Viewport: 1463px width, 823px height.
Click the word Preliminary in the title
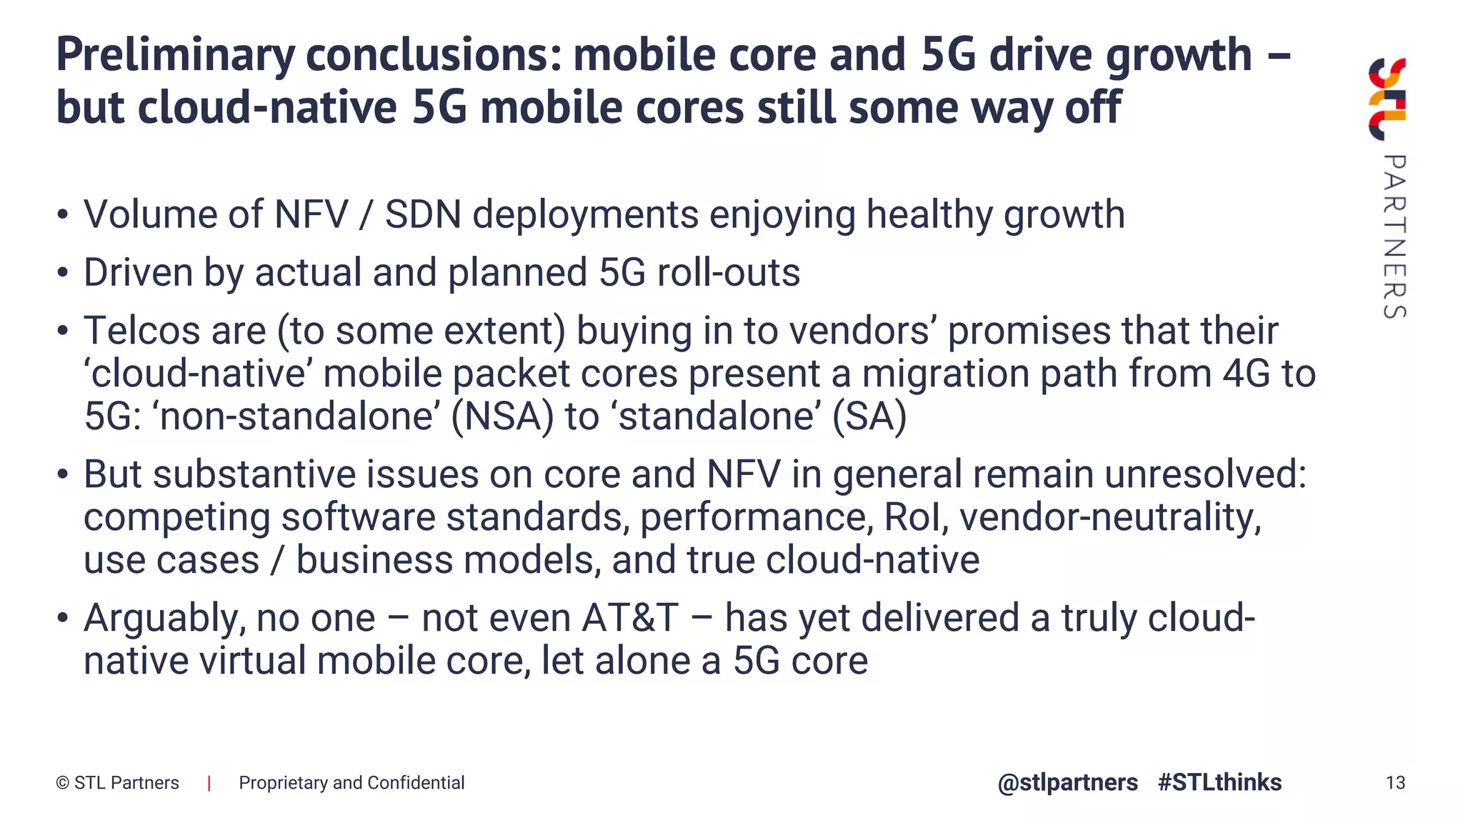175,56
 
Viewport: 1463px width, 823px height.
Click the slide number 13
1395,783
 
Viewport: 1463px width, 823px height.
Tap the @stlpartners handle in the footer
1067,783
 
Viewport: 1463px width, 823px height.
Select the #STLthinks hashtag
1219,783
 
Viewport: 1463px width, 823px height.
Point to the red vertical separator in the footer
209,784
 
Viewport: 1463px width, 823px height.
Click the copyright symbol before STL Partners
62,784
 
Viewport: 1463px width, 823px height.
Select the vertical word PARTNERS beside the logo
1394,236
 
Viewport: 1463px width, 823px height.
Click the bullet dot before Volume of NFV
63,215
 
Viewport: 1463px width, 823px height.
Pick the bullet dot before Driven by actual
63,274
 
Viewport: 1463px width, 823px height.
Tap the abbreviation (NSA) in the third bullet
502,417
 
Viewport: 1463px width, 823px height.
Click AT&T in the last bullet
630,618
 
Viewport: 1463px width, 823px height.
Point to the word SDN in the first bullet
423,215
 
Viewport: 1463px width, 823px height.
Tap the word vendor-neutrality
1111,517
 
